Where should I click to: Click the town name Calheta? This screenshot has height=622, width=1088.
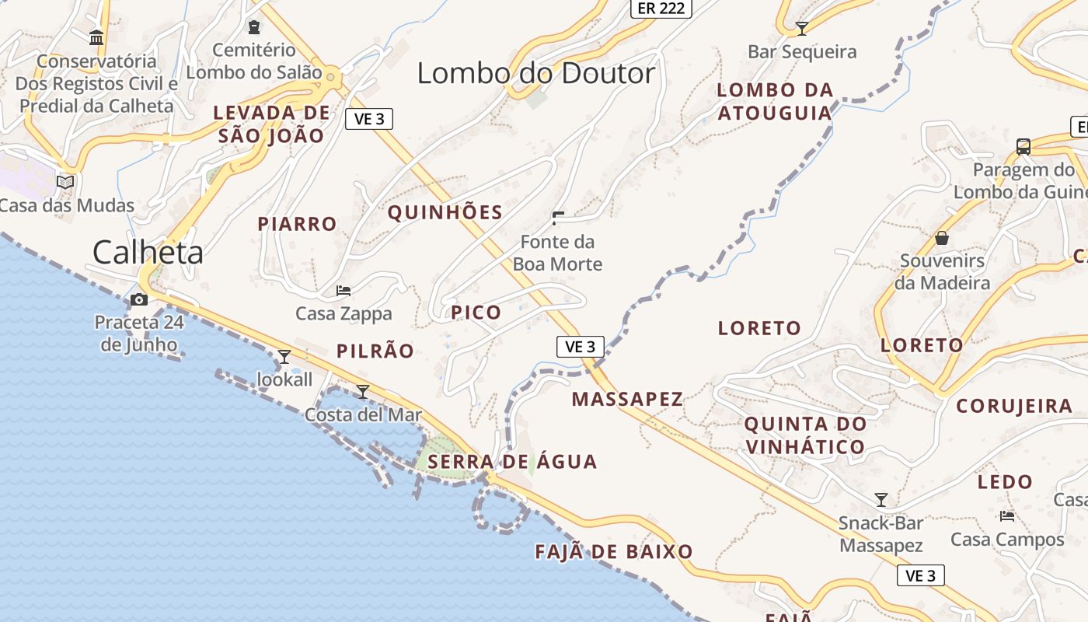click(x=148, y=253)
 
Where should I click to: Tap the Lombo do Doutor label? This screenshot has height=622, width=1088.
click(x=536, y=74)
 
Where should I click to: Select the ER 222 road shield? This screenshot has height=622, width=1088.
click(x=660, y=8)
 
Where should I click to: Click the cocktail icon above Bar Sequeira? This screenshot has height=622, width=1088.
click(x=802, y=29)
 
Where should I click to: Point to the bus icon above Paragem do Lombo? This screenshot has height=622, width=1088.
click(x=1023, y=146)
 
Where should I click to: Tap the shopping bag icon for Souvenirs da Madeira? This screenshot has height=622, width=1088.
click(x=942, y=237)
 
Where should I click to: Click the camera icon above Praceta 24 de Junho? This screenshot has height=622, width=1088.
click(x=139, y=299)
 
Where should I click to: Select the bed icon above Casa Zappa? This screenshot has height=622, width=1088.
click(x=343, y=291)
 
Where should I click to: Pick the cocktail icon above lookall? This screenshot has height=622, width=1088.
click(x=284, y=357)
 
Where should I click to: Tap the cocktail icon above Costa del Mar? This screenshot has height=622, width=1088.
click(x=363, y=391)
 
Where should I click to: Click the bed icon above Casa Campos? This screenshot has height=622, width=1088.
click(x=1007, y=515)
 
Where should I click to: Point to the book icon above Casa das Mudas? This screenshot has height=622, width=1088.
click(x=66, y=182)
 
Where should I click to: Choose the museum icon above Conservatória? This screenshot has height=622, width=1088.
click(x=96, y=37)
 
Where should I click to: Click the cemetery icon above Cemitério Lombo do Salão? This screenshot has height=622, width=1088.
click(x=254, y=27)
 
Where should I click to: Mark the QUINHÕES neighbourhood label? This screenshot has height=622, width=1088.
click(x=445, y=212)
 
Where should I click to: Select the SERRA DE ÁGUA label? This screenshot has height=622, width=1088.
click(x=512, y=462)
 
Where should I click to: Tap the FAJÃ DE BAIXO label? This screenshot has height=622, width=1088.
click(x=614, y=552)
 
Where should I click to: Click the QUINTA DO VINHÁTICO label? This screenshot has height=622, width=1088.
click(x=805, y=435)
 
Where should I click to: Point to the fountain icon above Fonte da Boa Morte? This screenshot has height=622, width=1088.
click(x=558, y=218)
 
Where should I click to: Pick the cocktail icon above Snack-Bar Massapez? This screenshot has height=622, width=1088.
click(x=881, y=499)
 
